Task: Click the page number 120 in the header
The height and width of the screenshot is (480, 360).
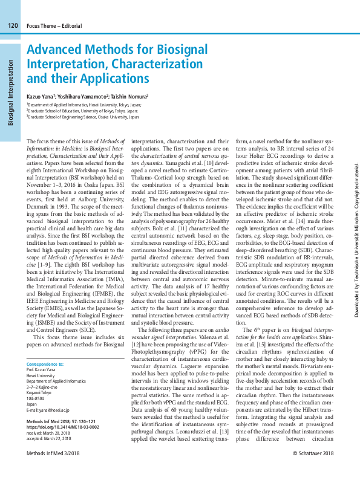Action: pos(13,25)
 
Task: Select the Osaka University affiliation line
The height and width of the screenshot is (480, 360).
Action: pos(83,117)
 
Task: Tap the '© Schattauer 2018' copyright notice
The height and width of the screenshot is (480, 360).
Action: pos(313,470)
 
